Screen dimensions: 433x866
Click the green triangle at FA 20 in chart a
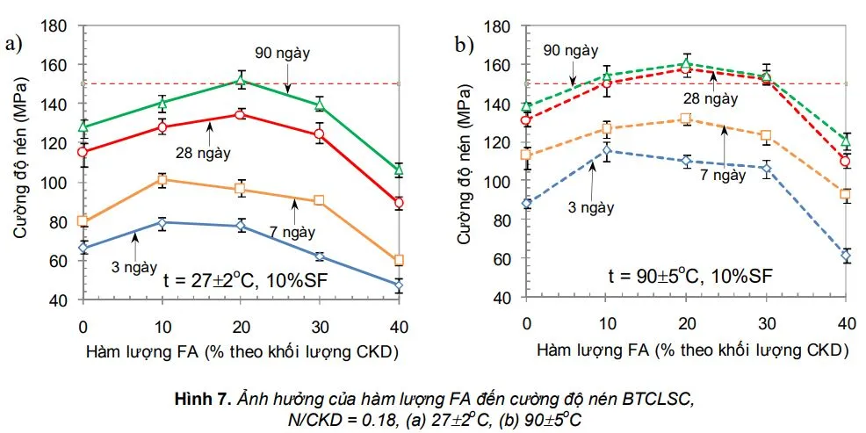tap(241, 80)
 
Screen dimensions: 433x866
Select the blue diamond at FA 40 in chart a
tap(399, 285)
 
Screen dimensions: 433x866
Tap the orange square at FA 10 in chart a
tap(162, 180)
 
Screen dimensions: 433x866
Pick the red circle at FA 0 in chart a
tap(83, 152)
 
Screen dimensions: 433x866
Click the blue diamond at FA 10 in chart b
tap(606, 150)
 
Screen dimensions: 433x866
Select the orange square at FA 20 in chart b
tap(685, 119)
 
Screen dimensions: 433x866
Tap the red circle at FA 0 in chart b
tap(527, 120)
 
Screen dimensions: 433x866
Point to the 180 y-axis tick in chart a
tap(60, 27)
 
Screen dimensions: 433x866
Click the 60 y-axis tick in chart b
tap(503, 258)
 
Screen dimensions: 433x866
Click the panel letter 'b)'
tap(464, 43)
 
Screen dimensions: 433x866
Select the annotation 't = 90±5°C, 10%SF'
tap(690, 275)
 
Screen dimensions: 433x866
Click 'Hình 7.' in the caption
tap(199, 400)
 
